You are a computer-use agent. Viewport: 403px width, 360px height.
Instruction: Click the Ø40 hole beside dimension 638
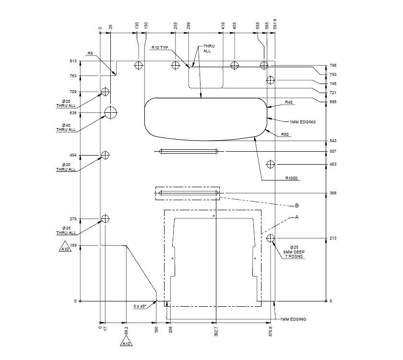coord(111,112)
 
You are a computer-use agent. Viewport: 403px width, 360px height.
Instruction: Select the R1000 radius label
coord(291,178)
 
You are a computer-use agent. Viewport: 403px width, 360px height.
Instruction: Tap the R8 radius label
coord(90,53)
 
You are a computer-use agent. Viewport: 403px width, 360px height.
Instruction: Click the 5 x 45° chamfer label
coord(142,305)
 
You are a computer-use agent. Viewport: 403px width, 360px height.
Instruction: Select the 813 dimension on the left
coord(73,61)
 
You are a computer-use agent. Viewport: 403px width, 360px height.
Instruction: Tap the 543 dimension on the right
coord(333,141)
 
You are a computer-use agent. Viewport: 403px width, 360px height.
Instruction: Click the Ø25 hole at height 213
coord(271,238)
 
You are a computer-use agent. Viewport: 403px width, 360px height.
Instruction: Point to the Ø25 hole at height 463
coord(271,164)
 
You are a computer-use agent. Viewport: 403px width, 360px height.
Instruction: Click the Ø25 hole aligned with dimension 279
coord(105,219)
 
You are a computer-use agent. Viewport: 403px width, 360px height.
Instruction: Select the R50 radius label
coord(285,134)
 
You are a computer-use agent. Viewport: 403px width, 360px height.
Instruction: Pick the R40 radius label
coord(289,102)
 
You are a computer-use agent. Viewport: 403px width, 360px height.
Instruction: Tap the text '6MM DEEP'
coord(294,252)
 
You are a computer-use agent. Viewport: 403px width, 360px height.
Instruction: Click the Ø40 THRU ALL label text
coord(66,127)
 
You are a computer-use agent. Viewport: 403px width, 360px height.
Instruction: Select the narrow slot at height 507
coord(189,152)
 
